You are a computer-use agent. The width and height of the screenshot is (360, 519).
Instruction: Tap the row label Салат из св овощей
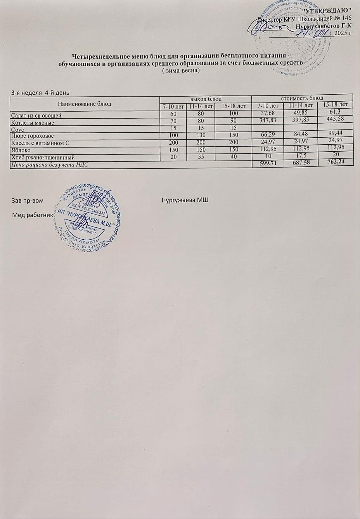(36, 116)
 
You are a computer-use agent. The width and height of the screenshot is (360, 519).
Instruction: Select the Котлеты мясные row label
(33, 123)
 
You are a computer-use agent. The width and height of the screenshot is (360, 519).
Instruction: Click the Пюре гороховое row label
(33, 136)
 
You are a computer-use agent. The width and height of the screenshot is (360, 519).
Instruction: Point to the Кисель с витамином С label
(40, 143)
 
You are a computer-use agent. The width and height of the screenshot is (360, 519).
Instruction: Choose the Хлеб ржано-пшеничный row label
(43, 157)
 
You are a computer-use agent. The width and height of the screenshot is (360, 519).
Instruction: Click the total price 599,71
(268, 164)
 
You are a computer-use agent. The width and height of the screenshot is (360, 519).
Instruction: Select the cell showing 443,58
(336, 119)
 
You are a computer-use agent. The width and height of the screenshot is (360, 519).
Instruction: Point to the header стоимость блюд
(302, 97)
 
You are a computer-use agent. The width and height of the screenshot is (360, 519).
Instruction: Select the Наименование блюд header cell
(85, 104)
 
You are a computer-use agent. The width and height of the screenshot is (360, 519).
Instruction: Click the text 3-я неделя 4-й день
(40, 92)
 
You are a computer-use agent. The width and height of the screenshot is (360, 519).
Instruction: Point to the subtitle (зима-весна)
(180, 71)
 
